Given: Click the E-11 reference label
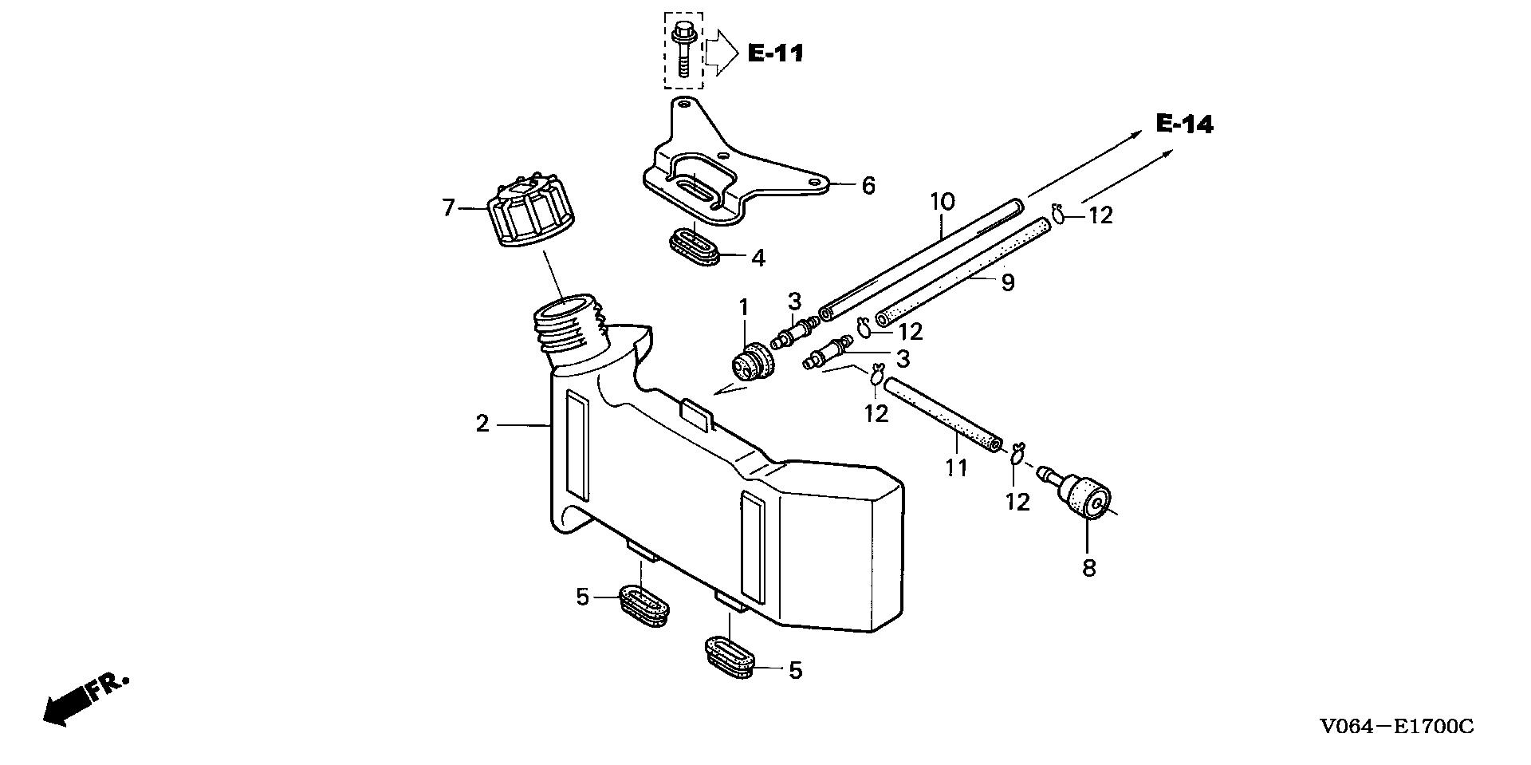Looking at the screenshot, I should [775, 53].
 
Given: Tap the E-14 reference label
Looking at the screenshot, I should [1184, 124].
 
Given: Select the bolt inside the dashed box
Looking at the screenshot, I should [683, 49].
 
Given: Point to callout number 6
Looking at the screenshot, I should [868, 186].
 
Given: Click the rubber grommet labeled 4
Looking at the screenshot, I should [693, 245].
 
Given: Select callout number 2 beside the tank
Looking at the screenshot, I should [482, 424].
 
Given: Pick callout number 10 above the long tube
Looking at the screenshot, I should [942, 201].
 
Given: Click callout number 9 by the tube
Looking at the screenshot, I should [1008, 282].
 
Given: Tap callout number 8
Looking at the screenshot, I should [1089, 568].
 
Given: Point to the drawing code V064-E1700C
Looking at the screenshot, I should [1396, 727].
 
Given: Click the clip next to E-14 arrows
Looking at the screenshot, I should [1061, 213].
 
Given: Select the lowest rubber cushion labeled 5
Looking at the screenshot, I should [730, 656].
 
